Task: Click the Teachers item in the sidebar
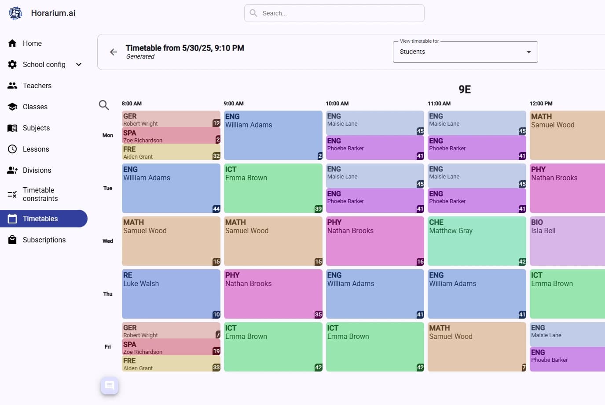pos(37,85)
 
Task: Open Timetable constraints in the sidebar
pos(40,194)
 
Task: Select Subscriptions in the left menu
pos(44,240)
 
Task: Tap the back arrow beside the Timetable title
pos(114,52)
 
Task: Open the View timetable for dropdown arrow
pos(528,52)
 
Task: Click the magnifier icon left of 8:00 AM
pos(104,105)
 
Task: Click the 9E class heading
pos(465,89)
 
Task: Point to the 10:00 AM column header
pos(337,104)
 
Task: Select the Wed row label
pos(108,241)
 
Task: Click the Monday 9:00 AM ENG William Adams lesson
pos(273,135)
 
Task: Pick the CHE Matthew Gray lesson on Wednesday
pos(477,241)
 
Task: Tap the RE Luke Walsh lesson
pos(171,294)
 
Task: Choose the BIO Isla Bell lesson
pos(567,241)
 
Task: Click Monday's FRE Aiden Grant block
pos(171,152)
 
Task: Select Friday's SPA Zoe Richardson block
pos(171,347)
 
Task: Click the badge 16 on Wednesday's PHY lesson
pos(420,262)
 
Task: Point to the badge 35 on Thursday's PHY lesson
pos(318,315)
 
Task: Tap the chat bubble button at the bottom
pos(110,386)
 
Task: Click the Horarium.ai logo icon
pos(15,13)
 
